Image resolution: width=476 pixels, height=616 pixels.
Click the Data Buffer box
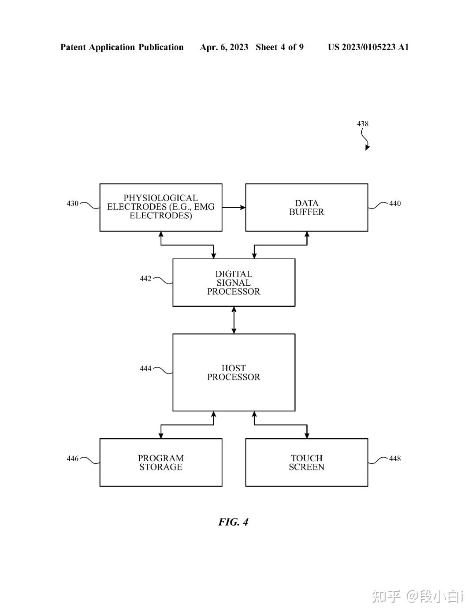point(307,208)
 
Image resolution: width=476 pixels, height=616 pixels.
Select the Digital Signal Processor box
point(234,283)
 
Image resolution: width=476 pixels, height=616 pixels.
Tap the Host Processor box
point(234,373)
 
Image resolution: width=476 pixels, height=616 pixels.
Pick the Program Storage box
point(161,463)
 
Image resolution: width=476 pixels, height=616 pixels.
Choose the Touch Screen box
point(307,463)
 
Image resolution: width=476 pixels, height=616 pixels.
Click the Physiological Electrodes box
point(161,208)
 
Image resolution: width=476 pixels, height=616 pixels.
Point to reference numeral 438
point(363,123)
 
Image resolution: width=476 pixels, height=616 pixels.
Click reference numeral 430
point(73,204)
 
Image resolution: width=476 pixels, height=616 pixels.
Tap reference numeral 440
point(395,204)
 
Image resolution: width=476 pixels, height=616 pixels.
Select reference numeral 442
point(145,279)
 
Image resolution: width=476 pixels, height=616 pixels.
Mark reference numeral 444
point(145,369)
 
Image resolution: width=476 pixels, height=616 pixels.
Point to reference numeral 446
point(73,459)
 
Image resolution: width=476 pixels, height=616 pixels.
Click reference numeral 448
point(395,459)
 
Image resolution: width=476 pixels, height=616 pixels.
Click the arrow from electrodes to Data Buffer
point(234,208)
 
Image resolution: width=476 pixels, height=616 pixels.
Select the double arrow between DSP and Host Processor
point(234,320)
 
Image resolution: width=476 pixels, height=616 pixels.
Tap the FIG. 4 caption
point(233,522)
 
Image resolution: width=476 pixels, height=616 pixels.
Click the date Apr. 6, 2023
point(224,47)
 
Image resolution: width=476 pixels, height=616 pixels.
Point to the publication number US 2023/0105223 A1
point(368,47)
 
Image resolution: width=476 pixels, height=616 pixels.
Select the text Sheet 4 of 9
point(279,47)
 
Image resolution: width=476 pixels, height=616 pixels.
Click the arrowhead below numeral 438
point(367,148)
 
